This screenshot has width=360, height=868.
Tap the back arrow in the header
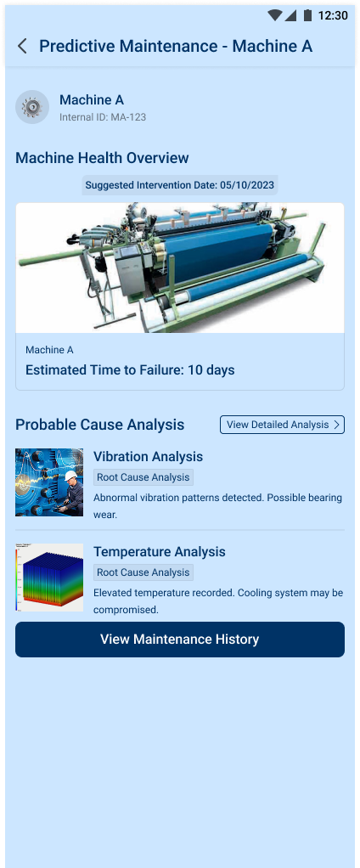(x=22, y=46)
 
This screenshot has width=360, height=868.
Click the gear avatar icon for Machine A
(x=32, y=107)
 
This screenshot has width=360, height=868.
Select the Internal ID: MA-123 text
(x=103, y=117)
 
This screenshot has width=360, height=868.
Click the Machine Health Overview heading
(x=102, y=158)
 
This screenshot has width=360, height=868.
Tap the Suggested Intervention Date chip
(x=180, y=185)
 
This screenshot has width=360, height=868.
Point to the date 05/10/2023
(x=247, y=185)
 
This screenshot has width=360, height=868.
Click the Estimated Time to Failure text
(x=131, y=369)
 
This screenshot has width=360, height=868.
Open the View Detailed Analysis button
(x=282, y=425)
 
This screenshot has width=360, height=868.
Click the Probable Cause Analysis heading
(x=100, y=425)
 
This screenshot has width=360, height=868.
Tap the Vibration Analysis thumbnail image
(x=49, y=482)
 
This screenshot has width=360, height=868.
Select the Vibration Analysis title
(x=149, y=457)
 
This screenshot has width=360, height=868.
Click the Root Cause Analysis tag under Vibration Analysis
(x=143, y=477)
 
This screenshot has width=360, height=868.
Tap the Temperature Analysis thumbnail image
(x=49, y=578)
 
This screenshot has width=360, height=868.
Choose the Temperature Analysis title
(x=160, y=552)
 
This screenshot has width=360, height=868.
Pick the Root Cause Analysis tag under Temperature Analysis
(x=143, y=572)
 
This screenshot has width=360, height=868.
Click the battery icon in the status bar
(x=307, y=15)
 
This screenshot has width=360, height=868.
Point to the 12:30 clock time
(x=333, y=15)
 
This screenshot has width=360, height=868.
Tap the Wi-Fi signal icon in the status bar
(x=275, y=15)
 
